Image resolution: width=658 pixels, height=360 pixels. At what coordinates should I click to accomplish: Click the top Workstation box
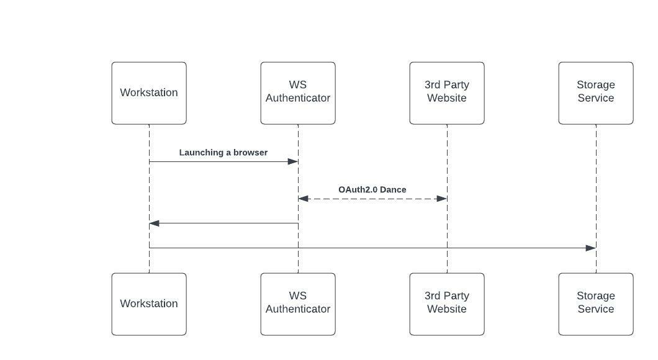tap(149, 93)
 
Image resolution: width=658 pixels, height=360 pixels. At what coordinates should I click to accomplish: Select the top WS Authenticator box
tap(298, 93)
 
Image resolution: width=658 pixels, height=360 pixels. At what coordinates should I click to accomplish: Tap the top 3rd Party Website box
tap(447, 93)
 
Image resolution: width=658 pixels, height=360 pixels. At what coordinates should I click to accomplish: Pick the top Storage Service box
tap(596, 93)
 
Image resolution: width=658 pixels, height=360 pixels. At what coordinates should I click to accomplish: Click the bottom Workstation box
tap(149, 304)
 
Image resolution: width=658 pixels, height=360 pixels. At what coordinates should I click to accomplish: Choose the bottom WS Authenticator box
tap(298, 304)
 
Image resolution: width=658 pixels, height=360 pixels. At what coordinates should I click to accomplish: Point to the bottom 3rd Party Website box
tap(447, 304)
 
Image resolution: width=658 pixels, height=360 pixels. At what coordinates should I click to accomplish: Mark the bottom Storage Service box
tap(596, 304)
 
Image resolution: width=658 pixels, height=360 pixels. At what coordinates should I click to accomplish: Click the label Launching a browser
tap(223, 152)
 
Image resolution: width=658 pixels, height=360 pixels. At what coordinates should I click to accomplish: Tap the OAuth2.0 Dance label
tap(372, 189)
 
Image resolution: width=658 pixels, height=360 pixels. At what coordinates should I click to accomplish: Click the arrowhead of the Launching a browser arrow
tap(293, 161)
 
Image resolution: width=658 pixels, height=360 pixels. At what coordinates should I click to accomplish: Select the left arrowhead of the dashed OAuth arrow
tap(304, 199)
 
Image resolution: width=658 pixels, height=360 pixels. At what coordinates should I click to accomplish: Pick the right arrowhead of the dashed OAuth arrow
tap(442, 199)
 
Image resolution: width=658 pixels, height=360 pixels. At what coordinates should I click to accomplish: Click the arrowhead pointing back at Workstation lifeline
tap(155, 223)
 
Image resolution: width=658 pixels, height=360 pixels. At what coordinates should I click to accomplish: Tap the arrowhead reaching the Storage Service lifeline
tap(591, 248)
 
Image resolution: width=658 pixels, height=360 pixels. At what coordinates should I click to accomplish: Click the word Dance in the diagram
tap(393, 189)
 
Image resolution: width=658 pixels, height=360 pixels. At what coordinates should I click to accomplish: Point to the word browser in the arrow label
tap(251, 152)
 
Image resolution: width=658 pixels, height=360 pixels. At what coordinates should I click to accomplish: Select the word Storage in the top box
tap(596, 85)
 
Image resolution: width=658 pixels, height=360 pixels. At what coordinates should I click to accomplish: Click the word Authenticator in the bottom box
tap(298, 309)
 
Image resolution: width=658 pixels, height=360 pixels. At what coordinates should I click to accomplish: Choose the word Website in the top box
tap(447, 98)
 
